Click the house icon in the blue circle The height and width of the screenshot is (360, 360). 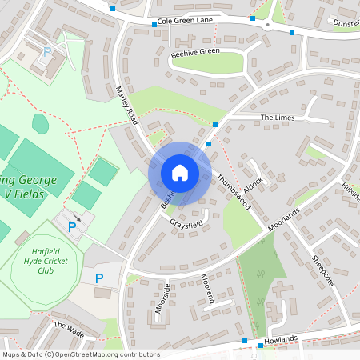(179, 172)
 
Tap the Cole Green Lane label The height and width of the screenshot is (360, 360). (186, 21)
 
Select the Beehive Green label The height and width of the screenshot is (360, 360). (194, 52)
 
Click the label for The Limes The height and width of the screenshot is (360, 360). (278, 118)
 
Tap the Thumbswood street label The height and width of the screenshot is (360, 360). (234, 192)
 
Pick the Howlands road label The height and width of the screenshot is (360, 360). (281, 341)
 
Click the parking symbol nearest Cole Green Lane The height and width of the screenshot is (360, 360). (46, 51)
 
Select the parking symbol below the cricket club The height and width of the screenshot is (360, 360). (99, 278)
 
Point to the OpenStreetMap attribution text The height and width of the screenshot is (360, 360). (80, 354)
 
